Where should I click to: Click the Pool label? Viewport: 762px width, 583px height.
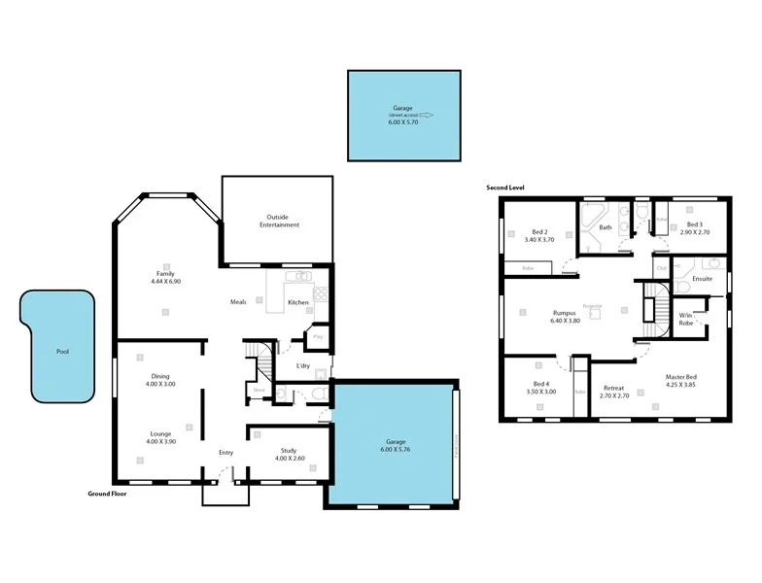tap(63, 352)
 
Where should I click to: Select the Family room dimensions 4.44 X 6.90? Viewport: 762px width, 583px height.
tap(165, 282)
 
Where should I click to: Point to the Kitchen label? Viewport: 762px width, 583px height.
tap(298, 302)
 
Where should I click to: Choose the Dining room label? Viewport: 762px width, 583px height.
tap(160, 376)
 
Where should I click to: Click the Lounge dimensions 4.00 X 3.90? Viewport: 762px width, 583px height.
tap(160, 442)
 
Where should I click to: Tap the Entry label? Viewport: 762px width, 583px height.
tap(226, 452)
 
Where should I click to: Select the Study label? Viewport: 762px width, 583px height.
tap(289, 450)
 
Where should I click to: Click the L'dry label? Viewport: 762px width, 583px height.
tap(303, 366)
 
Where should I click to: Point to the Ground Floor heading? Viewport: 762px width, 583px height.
tap(108, 494)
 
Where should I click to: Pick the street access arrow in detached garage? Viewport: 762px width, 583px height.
tap(427, 115)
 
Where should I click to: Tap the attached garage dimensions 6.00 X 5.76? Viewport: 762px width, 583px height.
tap(391, 450)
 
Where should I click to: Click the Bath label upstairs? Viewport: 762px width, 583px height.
tap(606, 227)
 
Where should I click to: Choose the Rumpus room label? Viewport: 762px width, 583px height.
tap(564, 313)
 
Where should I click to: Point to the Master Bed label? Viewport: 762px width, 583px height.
tap(680, 376)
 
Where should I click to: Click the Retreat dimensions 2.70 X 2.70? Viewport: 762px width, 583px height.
tap(614, 395)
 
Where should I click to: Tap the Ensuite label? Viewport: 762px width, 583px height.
tap(702, 279)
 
